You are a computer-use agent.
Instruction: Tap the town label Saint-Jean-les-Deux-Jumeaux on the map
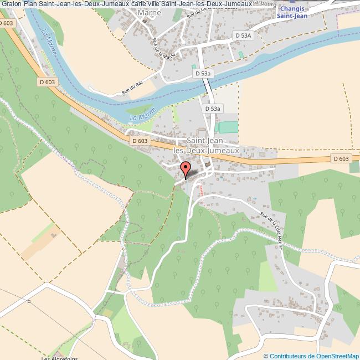(206, 145)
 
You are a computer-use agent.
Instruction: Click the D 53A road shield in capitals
(243, 35)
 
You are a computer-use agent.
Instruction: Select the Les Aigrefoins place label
(60, 357)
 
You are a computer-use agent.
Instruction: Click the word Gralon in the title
(11, 3)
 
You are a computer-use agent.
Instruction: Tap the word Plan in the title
(30, 3)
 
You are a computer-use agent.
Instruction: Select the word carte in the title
(135, 3)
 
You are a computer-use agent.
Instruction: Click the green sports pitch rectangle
(228, 127)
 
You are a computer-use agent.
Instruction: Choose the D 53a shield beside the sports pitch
(213, 109)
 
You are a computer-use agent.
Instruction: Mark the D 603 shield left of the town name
(140, 141)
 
